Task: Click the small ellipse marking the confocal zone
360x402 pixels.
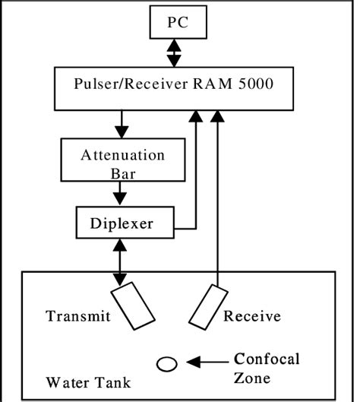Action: (167, 364)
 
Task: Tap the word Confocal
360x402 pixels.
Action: (267, 359)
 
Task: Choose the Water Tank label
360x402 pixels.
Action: (79, 380)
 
